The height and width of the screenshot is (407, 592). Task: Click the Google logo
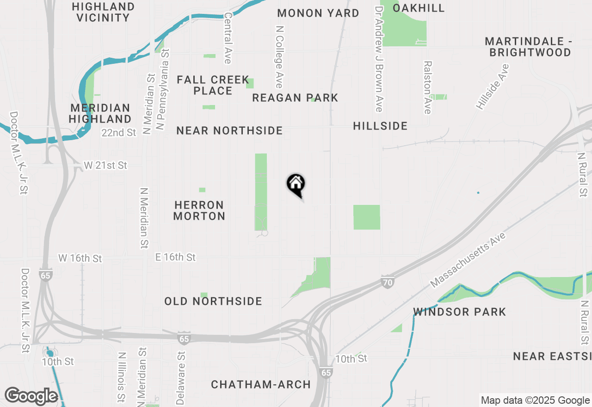coord(31,396)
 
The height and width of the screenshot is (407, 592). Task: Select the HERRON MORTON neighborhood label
coord(199,210)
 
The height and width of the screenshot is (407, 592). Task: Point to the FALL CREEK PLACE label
coord(213,85)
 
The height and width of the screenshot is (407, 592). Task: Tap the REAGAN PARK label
coord(295,98)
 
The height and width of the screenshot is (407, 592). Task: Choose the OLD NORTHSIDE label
coord(213,302)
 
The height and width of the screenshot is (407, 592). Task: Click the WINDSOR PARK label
coord(460,312)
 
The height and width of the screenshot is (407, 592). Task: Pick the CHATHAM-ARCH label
coord(261,385)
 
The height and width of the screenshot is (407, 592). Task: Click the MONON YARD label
coord(318,13)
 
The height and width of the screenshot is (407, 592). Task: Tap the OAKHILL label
coord(419,8)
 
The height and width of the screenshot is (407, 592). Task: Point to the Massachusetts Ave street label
coord(468,259)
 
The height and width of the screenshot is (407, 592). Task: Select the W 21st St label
coord(105,166)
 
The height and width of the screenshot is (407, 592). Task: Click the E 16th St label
coord(175,257)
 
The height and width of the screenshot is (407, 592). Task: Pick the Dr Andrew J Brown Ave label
coord(379,59)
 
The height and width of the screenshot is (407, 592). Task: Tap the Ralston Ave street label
coord(427,87)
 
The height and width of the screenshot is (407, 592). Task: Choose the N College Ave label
coord(279,57)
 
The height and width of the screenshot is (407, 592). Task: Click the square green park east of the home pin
coord(367,217)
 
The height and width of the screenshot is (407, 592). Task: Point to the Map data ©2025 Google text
coord(535,401)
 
